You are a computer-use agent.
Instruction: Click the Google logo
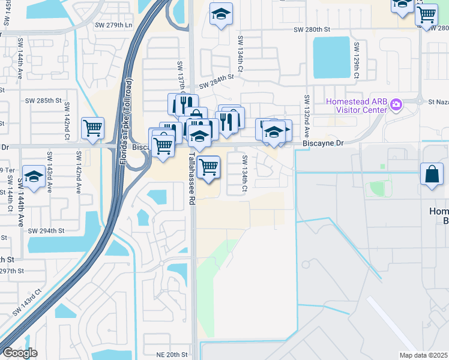coord(19,353)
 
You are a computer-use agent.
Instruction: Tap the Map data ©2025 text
coord(424,355)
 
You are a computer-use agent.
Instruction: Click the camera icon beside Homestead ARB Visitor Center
coord(396,105)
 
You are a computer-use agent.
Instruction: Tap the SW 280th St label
coord(312,29)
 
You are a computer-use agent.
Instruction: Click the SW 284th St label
coord(216,81)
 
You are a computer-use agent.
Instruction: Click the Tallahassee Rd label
coord(192,178)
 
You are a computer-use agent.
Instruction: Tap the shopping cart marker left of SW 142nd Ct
coord(92,127)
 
